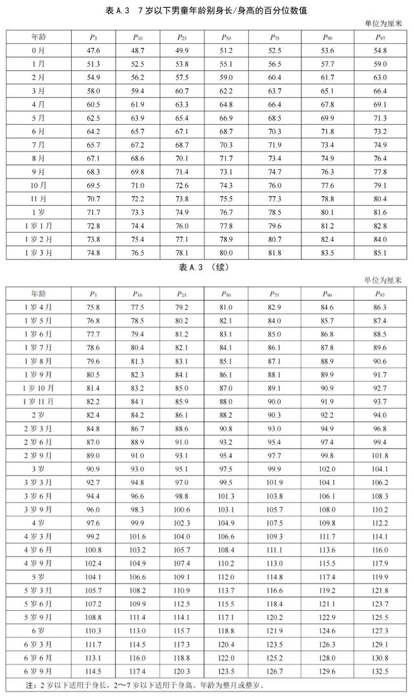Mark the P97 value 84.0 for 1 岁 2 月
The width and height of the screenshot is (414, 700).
pyautogui.click(x=380, y=239)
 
